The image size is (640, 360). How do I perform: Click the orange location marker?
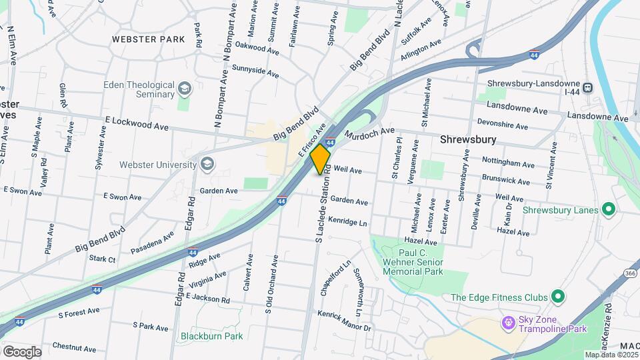pyautogui.click(x=321, y=159)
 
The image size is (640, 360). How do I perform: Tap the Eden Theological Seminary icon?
pyautogui.click(x=185, y=89)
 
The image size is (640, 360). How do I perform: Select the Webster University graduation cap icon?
pyautogui.click(x=207, y=164)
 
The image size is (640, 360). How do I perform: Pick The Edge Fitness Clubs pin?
pyautogui.click(x=558, y=297)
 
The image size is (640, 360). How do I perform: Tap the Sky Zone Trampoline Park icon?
pyautogui.click(x=509, y=322)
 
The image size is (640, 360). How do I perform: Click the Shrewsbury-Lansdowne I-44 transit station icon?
pyautogui.click(x=588, y=87)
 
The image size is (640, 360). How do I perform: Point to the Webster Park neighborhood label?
pyautogui.click(x=148, y=39)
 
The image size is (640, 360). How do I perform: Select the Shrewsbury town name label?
pyautogui.click(x=468, y=139)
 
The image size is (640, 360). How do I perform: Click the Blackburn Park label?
pyautogui.click(x=211, y=336)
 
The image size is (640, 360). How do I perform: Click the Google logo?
pyautogui.click(x=22, y=351)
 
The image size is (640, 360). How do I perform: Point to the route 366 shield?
pyautogui.click(x=630, y=273)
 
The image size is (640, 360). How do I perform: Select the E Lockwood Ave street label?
pyautogui.click(x=137, y=125)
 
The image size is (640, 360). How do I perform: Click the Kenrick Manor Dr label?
pyautogui.click(x=344, y=321)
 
